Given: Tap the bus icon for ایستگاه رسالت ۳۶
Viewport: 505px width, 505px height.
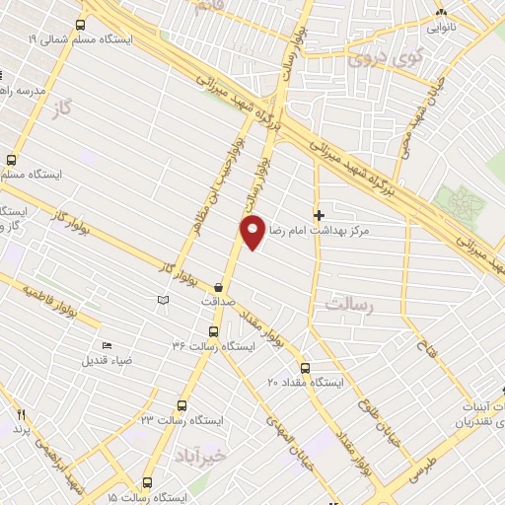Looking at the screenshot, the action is pos(213,332).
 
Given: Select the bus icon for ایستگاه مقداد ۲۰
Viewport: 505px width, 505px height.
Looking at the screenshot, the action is pos(304,367).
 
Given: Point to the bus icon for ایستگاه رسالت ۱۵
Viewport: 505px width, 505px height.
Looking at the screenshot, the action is pos(147,483).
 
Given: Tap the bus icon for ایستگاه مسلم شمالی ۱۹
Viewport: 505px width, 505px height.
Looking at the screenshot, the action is pos(79,24).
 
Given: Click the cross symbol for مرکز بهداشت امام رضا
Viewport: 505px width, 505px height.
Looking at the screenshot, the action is pos(319,214).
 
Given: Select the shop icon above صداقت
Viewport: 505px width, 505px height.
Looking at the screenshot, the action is pos(217,287).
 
